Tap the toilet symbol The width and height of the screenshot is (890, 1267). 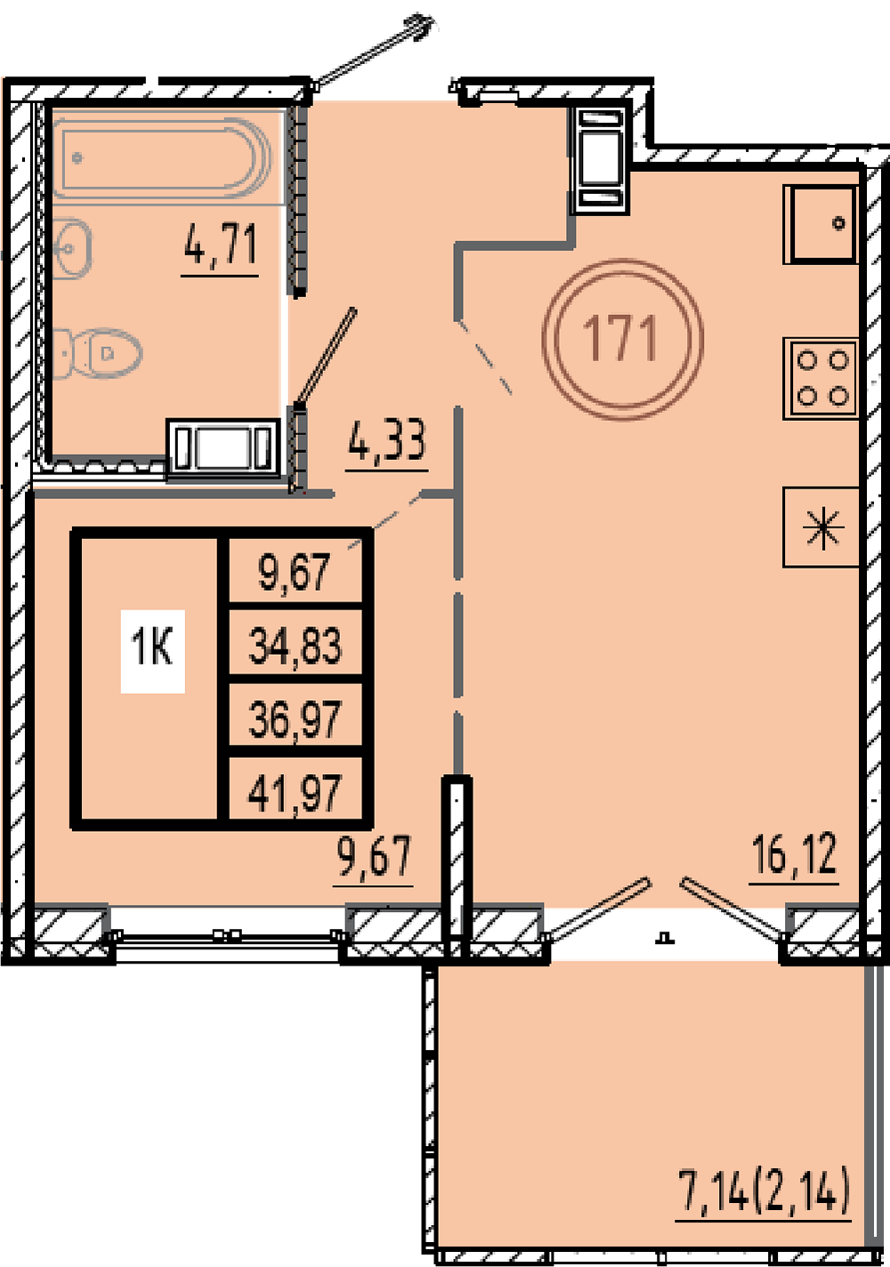(x=96, y=353)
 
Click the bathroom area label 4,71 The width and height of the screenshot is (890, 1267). (x=221, y=245)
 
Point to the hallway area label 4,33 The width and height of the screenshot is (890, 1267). (x=387, y=440)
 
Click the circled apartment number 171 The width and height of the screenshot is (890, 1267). (x=622, y=339)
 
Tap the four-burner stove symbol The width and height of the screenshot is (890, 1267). (x=821, y=378)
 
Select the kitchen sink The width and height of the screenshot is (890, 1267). (x=821, y=224)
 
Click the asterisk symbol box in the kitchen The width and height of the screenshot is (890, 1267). (x=821, y=527)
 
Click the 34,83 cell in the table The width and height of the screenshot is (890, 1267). (x=295, y=645)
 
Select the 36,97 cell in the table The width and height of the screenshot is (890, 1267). (x=295, y=718)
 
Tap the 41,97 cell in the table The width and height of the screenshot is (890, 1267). (x=295, y=792)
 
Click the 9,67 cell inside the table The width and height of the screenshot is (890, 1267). (x=295, y=571)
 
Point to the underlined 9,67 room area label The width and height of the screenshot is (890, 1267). (x=374, y=861)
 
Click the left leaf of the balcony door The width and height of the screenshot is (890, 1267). (x=599, y=909)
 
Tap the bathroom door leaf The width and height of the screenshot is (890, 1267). (x=326, y=356)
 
